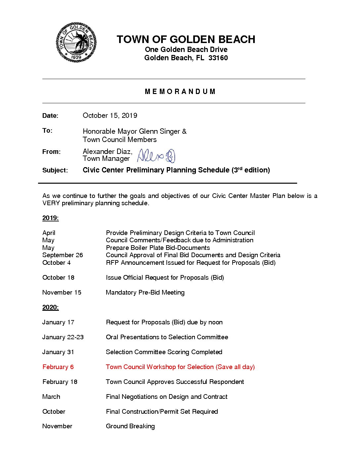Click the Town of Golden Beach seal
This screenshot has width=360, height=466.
click(x=76, y=42)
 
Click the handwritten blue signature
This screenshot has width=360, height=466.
click(x=156, y=156)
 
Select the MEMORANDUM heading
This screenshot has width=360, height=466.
click(x=180, y=92)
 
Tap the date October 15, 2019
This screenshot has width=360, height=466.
click(x=110, y=116)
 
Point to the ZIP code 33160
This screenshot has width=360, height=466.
click(x=218, y=58)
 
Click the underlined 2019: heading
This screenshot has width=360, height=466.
click(x=50, y=218)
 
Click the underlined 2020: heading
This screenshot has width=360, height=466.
click(x=50, y=307)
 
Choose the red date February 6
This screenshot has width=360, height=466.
click(x=58, y=367)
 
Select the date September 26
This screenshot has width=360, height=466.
click(x=63, y=255)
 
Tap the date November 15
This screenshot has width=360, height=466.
click(x=62, y=293)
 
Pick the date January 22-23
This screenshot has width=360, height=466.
click(x=63, y=337)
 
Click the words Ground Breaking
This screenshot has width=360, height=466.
click(x=130, y=426)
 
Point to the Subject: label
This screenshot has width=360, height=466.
click(x=55, y=170)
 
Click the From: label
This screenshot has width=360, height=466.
click(x=51, y=152)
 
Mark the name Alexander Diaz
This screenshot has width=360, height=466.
click(x=107, y=152)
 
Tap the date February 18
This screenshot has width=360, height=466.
click(x=60, y=382)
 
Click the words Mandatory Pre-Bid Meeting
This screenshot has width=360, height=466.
click(x=145, y=293)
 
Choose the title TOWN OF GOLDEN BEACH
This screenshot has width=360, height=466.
click(x=186, y=39)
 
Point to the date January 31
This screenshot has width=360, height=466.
click(x=58, y=352)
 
